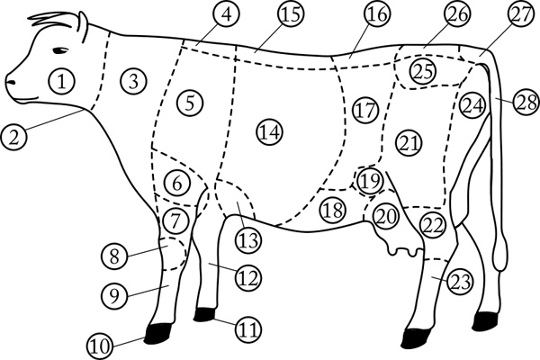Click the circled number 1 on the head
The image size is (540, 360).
[x=62, y=81]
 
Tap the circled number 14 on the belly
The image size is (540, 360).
[x=270, y=132]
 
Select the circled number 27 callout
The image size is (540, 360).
[x=520, y=13]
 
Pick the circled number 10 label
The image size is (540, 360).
[x=101, y=346]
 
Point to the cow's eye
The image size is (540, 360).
[x=60, y=50]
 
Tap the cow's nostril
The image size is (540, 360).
[x=12, y=82]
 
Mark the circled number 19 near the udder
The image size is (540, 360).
[x=370, y=181]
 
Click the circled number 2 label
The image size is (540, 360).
[x=13, y=137]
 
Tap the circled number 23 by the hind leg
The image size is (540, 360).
[x=460, y=282]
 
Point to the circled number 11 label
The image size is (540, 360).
[x=248, y=329]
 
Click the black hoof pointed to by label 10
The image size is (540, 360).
[x=157, y=333]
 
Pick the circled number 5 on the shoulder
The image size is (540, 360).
[x=190, y=103]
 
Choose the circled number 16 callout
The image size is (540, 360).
[x=377, y=14]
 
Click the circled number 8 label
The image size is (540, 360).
[x=114, y=256]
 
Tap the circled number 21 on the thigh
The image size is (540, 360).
[x=409, y=143]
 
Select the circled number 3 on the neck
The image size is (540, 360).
[x=133, y=81]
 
